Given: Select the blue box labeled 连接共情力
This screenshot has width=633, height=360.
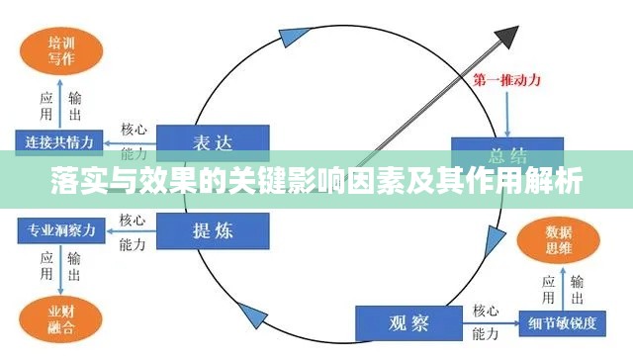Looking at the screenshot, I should click(x=59, y=141).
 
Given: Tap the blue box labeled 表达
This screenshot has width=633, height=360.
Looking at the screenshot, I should click(x=214, y=141).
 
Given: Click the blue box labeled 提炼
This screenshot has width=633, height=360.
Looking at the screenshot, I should click(x=214, y=230).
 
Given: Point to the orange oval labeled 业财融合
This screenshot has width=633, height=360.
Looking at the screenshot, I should click(x=55, y=319).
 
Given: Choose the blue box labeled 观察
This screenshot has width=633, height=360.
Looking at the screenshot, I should click(x=407, y=322).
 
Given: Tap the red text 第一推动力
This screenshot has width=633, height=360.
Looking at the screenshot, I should click(x=506, y=80).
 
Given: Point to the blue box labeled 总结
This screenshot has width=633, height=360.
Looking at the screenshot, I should click(x=507, y=151).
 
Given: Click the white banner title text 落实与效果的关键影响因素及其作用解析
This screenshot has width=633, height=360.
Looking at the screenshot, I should click(x=316, y=182).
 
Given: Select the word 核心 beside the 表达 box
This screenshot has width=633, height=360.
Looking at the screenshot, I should click(x=135, y=130).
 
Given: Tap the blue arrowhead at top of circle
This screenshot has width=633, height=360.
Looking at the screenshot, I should click(x=288, y=39).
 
